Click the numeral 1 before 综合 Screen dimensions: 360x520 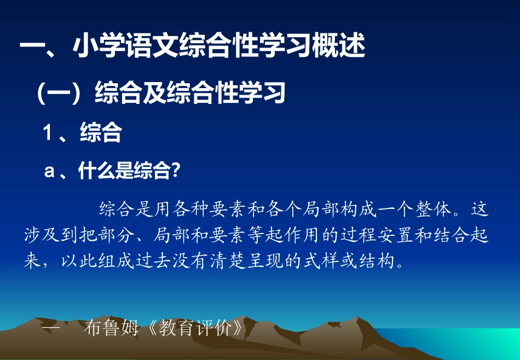tap(49, 133)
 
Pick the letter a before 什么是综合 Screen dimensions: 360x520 tap(49, 171)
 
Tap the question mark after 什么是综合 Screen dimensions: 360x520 tap(176, 171)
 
